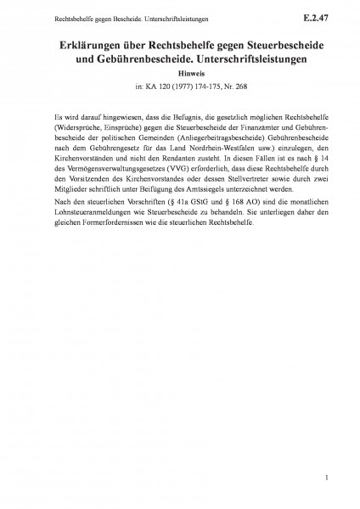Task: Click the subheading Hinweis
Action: click(179, 76)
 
